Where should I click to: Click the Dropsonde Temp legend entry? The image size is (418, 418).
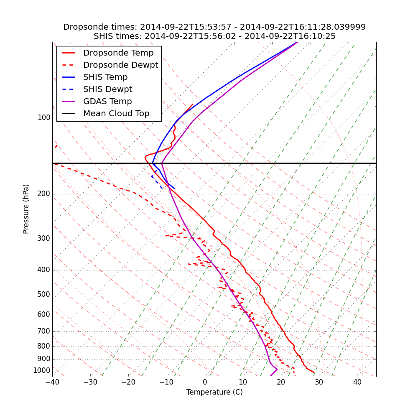coord(118,53)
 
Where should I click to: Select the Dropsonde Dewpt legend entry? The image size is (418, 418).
coord(120,65)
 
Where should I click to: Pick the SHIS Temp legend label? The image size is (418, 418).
coord(105,77)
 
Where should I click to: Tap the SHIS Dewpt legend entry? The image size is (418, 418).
coord(107,89)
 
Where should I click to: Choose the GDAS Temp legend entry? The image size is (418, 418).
coord(107,102)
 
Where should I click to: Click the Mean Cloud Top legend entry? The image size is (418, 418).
coord(116,114)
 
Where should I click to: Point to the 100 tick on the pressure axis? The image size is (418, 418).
coord(44,118)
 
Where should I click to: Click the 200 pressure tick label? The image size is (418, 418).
coord(44,194)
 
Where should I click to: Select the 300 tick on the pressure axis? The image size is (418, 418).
coord(44,239)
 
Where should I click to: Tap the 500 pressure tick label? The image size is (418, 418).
coord(44,295)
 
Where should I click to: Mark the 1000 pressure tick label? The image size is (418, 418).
coord(42,371)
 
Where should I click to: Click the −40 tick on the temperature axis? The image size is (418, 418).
coord(52,382)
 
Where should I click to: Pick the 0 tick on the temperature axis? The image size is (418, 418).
coord(205,382)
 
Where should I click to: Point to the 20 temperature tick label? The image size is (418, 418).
coord(281,382)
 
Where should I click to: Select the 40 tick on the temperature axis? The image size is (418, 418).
coord(357,382)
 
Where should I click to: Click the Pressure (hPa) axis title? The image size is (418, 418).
coord(26,209)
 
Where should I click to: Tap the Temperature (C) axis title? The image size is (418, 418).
coord(214,392)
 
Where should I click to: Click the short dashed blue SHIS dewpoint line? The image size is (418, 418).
coord(157,182)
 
